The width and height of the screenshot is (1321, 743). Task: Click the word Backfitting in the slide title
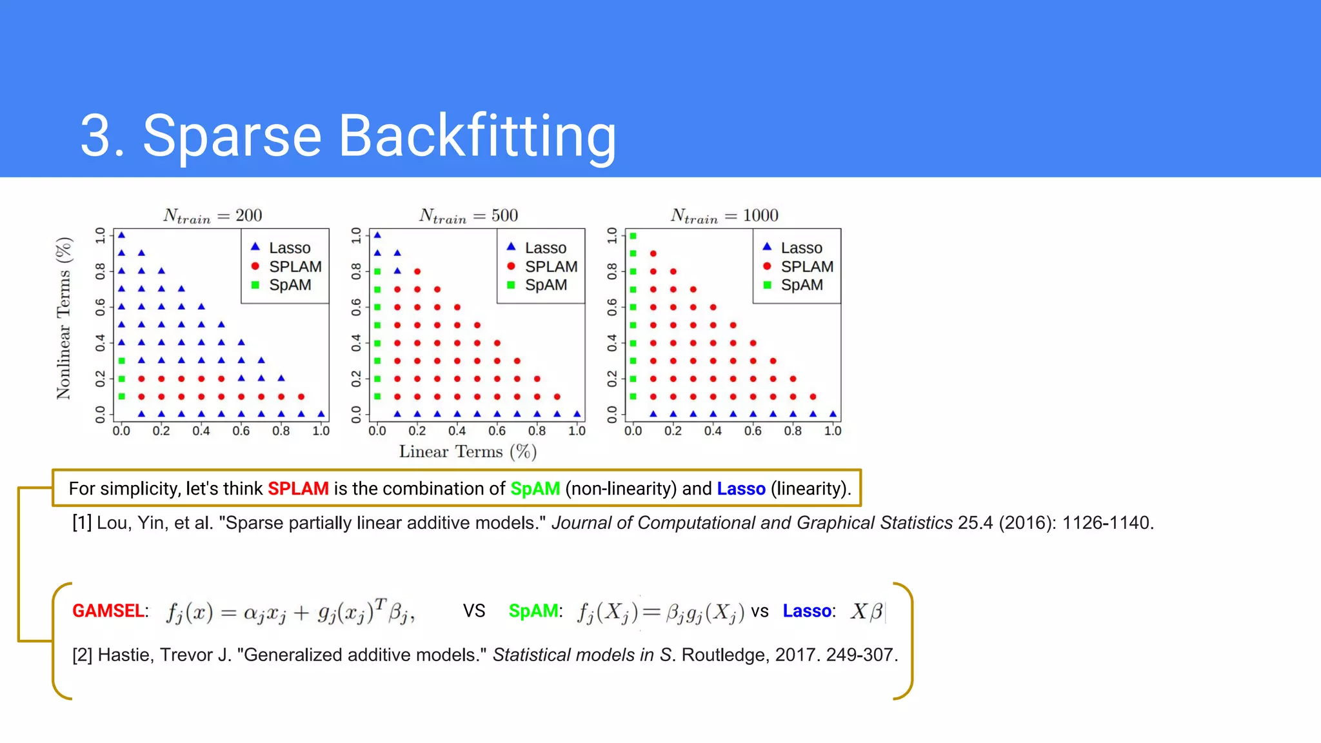click(477, 136)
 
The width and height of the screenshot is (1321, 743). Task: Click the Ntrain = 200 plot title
click(212, 215)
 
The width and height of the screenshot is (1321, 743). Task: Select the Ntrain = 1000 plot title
click(724, 215)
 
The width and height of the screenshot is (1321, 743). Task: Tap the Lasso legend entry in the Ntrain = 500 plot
click(545, 248)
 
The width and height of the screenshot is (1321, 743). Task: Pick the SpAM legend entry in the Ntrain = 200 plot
click(290, 285)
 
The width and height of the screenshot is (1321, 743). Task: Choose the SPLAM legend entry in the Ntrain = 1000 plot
click(807, 266)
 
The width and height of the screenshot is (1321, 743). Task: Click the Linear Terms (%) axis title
click(468, 451)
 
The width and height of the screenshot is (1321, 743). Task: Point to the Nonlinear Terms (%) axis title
click(64, 319)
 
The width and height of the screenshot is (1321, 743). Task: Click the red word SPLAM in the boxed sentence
click(298, 489)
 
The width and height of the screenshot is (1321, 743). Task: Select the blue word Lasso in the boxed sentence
click(741, 489)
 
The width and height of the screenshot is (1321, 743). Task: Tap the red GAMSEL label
click(108, 611)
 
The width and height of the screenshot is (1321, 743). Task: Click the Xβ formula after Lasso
click(866, 611)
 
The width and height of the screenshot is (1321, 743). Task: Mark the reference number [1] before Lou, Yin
click(82, 523)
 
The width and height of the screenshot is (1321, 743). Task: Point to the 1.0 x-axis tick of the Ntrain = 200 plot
click(321, 431)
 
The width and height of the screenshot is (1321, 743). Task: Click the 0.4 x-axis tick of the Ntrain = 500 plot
click(457, 431)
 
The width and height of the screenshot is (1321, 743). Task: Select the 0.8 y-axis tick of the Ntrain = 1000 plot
click(612, 271)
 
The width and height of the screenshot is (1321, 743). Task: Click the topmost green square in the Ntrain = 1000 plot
click(633, 236)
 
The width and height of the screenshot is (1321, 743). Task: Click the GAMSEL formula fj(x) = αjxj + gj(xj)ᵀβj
click(290, 611)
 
